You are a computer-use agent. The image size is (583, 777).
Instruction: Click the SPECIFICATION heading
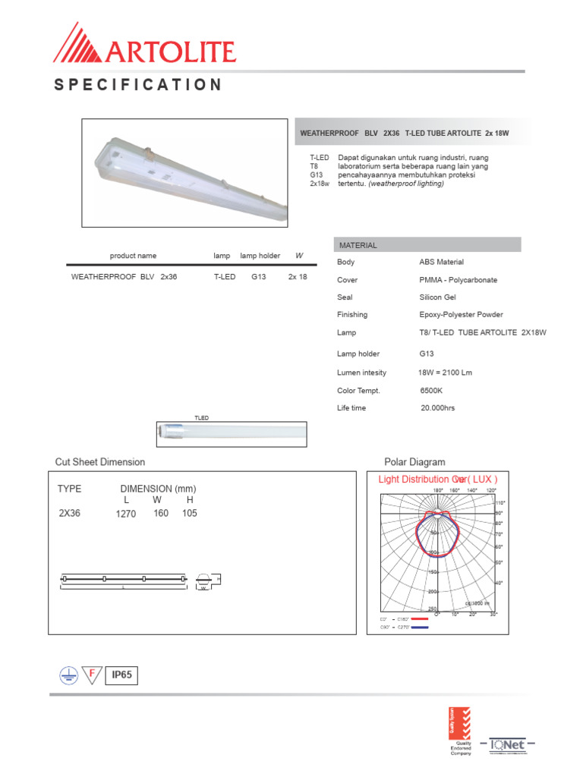click(138, 84)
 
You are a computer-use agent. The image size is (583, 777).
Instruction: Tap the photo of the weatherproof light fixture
click(186, 173)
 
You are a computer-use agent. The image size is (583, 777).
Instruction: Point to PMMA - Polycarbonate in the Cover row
click(458, 280)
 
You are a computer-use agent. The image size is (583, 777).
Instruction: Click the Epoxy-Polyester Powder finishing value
click(461, 315)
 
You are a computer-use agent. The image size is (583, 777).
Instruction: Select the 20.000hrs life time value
click(437, 408)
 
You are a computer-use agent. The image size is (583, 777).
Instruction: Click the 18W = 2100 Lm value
click(445, 373)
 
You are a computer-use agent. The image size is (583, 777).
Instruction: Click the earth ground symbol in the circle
click(68, 675)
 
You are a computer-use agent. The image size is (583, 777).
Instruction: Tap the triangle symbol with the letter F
click(92, 675)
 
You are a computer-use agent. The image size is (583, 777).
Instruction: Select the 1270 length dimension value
click(125, 514)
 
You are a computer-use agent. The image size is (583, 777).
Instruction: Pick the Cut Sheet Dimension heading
click(99, 462)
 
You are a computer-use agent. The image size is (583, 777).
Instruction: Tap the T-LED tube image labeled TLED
click(232, 433)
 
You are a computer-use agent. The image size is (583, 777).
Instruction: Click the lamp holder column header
click(260, 256)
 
